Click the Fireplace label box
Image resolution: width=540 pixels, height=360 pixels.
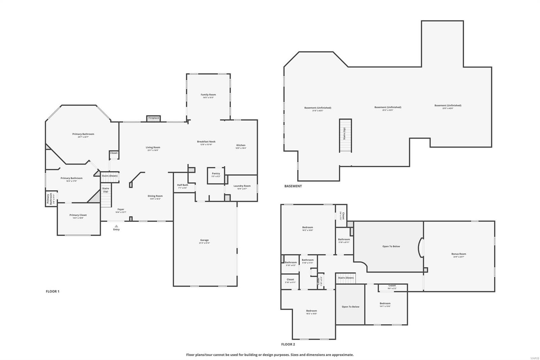154,118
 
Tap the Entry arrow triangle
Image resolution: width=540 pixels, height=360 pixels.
116,226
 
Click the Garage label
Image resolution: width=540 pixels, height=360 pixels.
204,240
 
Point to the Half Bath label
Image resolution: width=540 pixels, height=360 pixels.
183,185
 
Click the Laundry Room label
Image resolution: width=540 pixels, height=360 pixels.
242,186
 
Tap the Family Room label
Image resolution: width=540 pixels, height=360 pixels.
208,95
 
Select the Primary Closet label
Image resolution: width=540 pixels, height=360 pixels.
78,215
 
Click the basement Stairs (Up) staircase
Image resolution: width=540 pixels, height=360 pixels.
345,135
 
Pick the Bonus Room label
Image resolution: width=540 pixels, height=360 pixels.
458,254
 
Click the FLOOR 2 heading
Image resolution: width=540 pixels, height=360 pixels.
288,344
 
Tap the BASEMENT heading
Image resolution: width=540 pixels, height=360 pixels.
293,186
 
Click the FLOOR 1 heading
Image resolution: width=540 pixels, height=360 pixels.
52,291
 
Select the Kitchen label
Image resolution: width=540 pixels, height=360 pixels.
241,146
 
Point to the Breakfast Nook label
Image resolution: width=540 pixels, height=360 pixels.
206,142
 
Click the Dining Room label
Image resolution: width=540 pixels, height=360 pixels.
155,196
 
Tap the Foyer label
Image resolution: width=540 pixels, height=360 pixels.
120,210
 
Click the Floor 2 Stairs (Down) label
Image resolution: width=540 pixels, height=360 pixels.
346,278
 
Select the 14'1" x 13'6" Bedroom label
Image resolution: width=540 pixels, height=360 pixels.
385,304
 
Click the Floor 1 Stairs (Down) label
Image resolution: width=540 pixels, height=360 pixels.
110,176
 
